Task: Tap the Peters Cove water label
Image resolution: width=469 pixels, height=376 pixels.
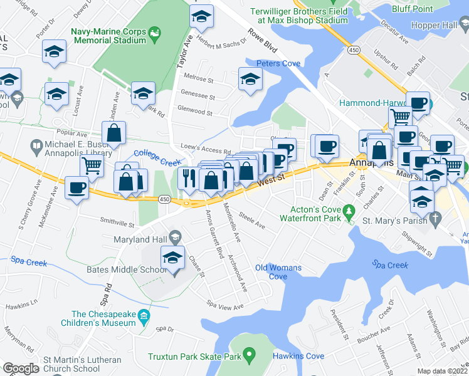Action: [278, 63]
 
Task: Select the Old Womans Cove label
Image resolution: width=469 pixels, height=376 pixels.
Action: [278, 272]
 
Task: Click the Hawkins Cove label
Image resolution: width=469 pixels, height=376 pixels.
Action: [298, 356]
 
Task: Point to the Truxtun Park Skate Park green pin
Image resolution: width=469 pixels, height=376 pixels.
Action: [250, 357]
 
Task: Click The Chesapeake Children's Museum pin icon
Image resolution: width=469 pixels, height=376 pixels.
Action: [145, 315]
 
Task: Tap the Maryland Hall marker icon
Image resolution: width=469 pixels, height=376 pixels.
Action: [175, 236]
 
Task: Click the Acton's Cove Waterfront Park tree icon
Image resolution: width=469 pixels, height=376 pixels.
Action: [349, 217]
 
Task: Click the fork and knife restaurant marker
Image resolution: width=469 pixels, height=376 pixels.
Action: [189, 178]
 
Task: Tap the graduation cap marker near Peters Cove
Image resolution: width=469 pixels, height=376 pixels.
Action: [250, 79]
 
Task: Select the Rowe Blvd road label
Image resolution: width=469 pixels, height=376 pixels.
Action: [262, 42]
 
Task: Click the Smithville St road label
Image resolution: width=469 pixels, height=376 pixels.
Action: [118, 222]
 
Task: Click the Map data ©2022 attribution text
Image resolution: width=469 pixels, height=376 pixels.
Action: [443, 371]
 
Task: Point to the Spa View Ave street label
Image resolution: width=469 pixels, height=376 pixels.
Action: [224, 306]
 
